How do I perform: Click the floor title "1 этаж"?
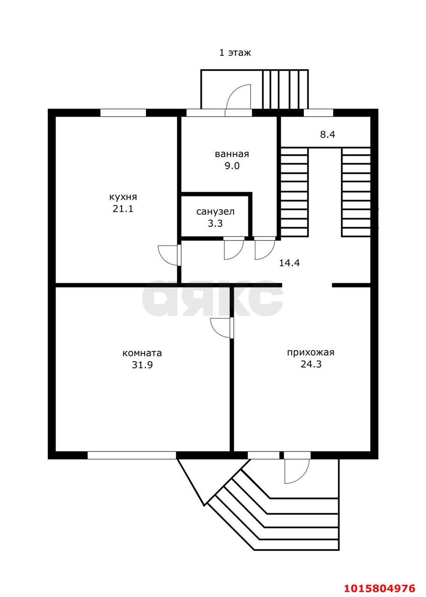[x=235, y=53]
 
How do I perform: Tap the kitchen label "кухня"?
[x=123, y=197]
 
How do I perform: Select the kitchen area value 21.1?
[x=123, y=208]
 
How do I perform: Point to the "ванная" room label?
[x=232, y=154]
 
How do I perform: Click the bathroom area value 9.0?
[x=232, y=166]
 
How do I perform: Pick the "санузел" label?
[x=215, y=212]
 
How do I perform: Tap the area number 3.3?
[x=215, y=223]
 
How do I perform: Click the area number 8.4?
[x=328, y=134]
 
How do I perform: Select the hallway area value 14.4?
[x=289, y=263]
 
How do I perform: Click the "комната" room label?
[x=142, y=353]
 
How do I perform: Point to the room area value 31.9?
[x=142, y=365]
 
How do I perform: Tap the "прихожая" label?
[x=310, y=353]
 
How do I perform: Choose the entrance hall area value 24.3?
[x=311, y=364]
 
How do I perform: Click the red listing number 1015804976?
[x=380, y=588]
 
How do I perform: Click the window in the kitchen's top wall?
[x=123, y=113]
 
